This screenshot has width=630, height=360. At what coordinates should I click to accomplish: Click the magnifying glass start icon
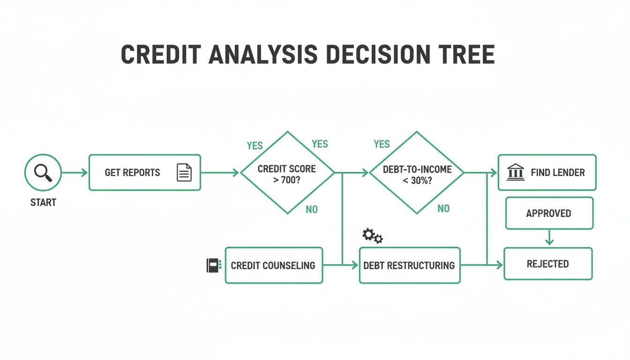(x=43, y=172)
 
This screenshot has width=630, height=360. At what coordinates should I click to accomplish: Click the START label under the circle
(x=43, y=202)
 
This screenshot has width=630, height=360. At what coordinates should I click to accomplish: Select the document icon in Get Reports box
(x=184, y=172)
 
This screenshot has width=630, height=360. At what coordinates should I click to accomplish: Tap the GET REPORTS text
(x=133, y=172)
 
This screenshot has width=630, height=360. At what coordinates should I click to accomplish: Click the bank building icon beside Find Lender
(x=516, y=172)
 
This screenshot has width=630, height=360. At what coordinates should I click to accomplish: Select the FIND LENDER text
(x=558, y=172)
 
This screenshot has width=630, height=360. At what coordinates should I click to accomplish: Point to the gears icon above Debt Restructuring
(x=373, y=236)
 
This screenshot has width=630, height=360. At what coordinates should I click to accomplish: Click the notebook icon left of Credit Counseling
(x=214, y=265)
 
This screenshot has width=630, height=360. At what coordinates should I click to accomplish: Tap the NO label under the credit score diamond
(x=312, y=210)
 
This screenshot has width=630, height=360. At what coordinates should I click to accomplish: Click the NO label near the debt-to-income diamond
(x=443, y=209)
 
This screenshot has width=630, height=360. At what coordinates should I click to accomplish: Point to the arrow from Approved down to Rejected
(x=549, y=237)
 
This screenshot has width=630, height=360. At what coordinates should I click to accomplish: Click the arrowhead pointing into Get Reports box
(x=84, y=172)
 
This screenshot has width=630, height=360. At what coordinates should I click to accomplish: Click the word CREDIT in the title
(x=161, y=54)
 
